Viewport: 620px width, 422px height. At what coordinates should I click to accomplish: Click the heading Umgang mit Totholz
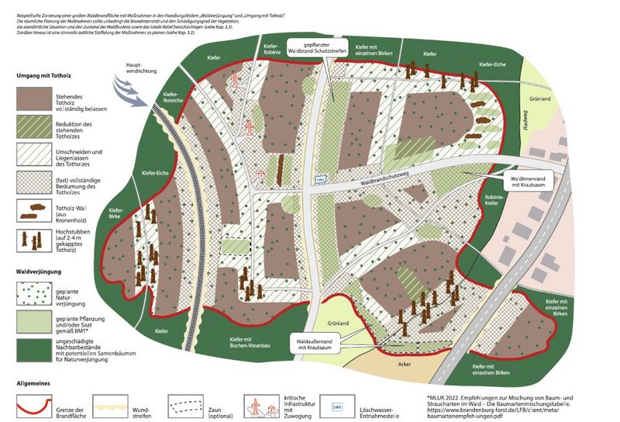coord(47,76)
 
